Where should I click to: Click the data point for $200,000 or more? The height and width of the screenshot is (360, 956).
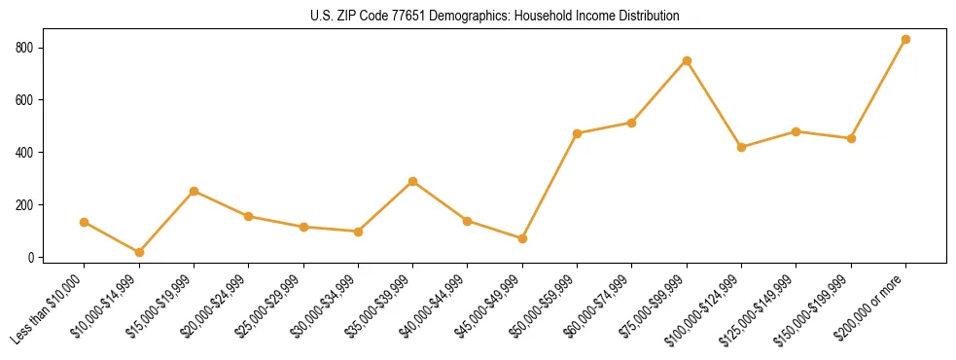click(x=906, y=39)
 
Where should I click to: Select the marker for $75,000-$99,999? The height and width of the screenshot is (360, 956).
click(x=687, y=60)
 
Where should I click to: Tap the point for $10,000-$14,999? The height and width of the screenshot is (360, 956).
click(x=139, y=252)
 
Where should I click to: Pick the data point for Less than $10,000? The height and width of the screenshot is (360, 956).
click(x=85, y=222)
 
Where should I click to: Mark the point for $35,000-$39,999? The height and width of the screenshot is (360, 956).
click(x=413, y=181)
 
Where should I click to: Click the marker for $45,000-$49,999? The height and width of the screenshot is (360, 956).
click(x=522, y=238)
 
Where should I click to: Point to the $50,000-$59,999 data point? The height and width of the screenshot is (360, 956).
click(x=578, y=133)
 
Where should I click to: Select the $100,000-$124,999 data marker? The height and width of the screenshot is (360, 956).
click(x=742, y=147)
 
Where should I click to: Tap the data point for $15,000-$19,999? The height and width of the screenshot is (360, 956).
click(x=195, y=191)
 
